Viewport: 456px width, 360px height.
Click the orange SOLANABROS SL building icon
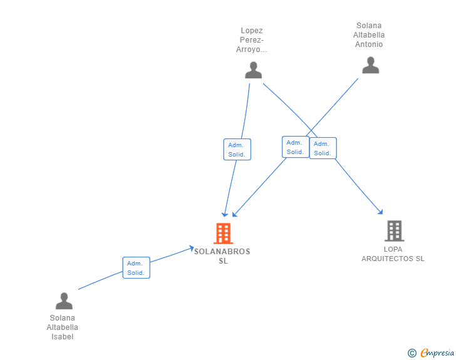(223, 234)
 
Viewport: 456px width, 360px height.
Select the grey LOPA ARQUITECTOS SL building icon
(394, 231)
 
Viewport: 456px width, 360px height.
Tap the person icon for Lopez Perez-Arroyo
(253, 70)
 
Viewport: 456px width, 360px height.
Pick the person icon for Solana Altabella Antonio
(370, 65)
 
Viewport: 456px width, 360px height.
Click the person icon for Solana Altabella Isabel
(64, 301)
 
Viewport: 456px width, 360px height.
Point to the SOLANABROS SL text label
(222, 256)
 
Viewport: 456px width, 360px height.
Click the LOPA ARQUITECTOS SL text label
(393, 254)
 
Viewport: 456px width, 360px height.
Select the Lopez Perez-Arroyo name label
(252, 40)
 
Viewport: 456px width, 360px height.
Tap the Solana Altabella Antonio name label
(369, 35)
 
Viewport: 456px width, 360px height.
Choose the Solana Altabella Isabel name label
(63, 327)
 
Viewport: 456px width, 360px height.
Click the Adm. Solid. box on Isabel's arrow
(136, 267)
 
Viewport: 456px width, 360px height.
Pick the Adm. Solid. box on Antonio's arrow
(295, 147)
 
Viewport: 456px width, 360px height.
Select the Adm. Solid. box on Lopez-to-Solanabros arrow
(237, 149)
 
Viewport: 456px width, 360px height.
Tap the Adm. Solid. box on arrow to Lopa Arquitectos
(323, 148)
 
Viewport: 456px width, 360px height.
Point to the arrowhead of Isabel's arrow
(192, 249)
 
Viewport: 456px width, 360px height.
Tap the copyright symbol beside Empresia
(412, 353)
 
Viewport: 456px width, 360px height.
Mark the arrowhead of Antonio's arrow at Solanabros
(234, 215)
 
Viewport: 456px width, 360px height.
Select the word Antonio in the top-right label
(369, 44)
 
